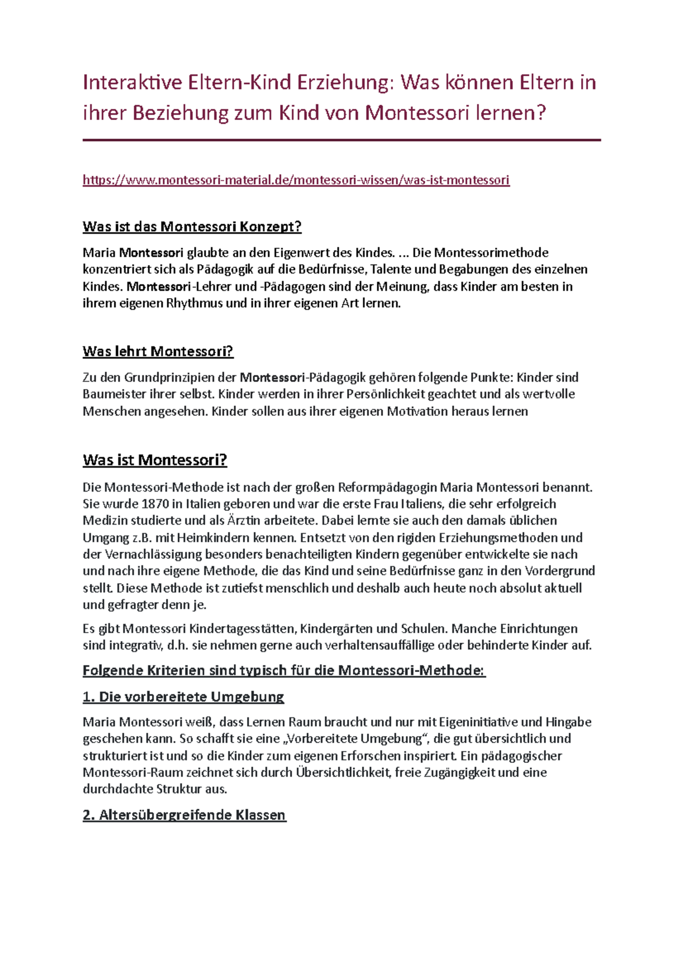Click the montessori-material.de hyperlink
coord(296,180)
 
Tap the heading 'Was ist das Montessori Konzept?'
coord(192,226)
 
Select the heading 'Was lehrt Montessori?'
coord(158,351)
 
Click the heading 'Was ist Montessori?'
coord(155,460)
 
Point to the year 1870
coord(155,504)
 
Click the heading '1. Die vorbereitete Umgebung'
coord(183,696)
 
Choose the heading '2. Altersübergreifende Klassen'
coord(184,815)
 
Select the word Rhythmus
coord(194,303)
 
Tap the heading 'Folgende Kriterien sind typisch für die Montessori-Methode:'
coord(283,670)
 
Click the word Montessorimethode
coord(491,253)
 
